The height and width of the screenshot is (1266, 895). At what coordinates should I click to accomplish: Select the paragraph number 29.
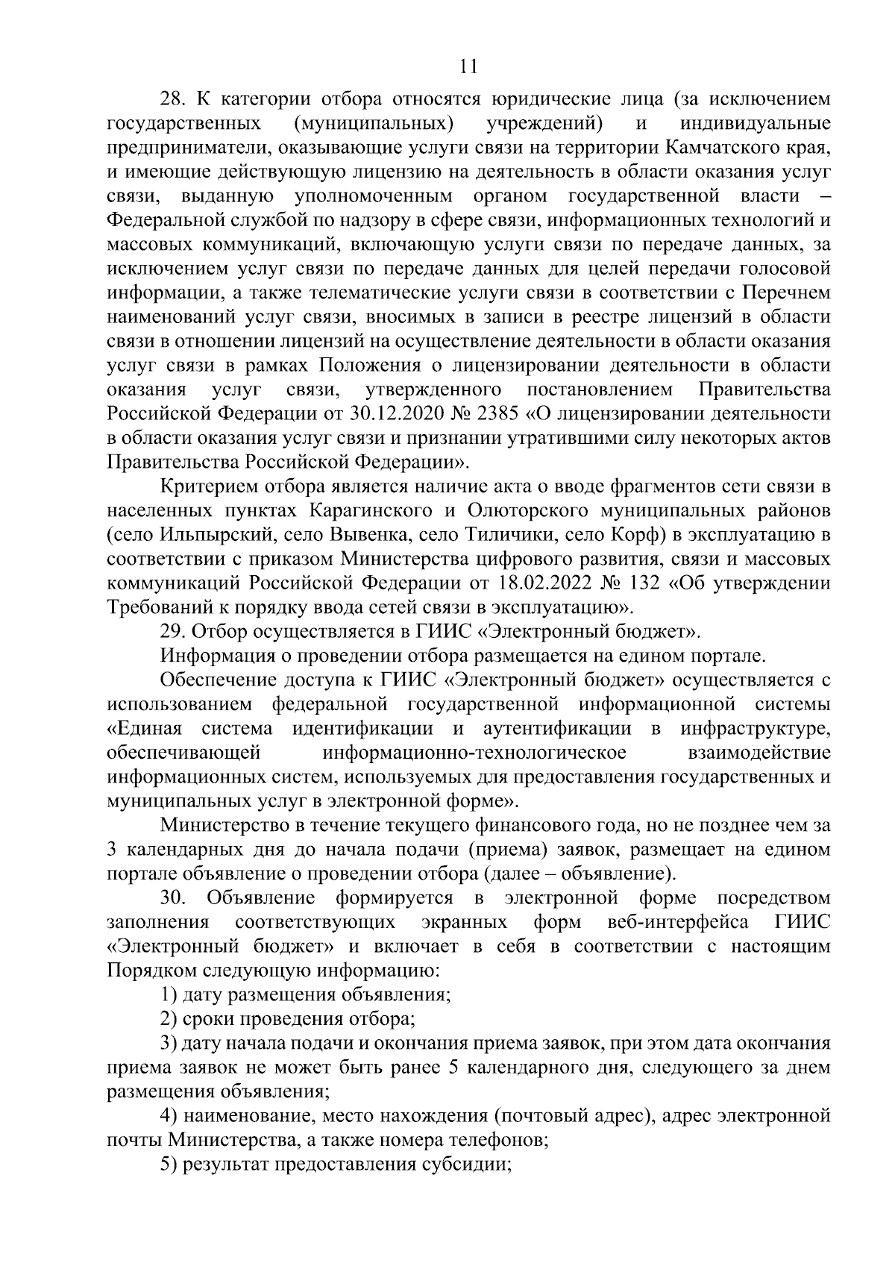[x=173, y=632]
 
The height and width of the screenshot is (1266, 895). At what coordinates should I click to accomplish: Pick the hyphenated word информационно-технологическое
[x=475, y=753]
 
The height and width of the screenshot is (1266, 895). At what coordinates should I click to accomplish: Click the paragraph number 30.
[x=172, y=897]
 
